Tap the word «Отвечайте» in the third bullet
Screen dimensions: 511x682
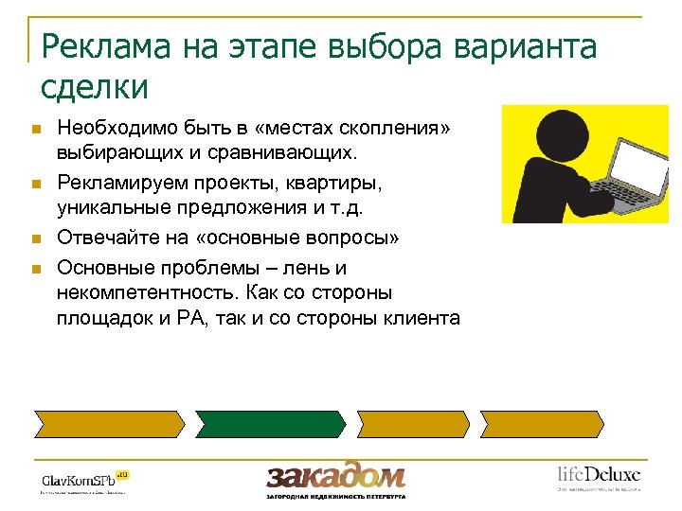[x=106, y=237]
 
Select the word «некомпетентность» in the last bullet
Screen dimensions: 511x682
[x=144, y=292]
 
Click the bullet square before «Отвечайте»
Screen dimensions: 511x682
[x=36, y=238]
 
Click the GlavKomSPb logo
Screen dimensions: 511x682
[x=83, y=479]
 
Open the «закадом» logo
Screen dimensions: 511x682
[x=335, y=475]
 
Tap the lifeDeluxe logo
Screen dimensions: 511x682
[x=598, y=475]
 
